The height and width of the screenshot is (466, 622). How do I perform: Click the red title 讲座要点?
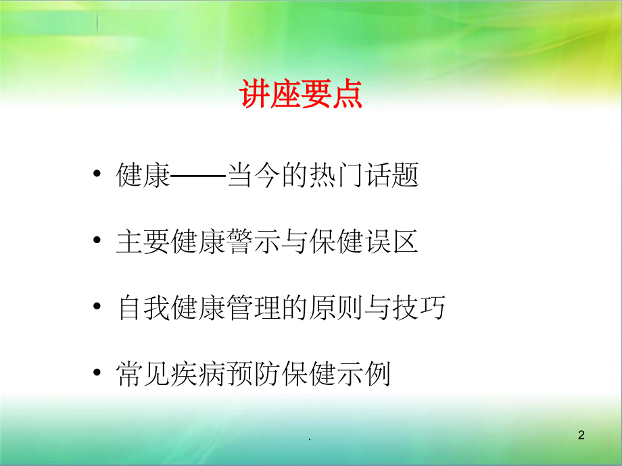[301, 95]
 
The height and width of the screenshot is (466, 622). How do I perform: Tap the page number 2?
[581, 437]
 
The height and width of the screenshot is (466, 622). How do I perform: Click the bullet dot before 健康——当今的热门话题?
[99, 176]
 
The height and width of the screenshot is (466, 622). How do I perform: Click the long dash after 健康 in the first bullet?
[198, 176]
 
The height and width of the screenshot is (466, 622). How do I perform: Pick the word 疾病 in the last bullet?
[198, 373]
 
